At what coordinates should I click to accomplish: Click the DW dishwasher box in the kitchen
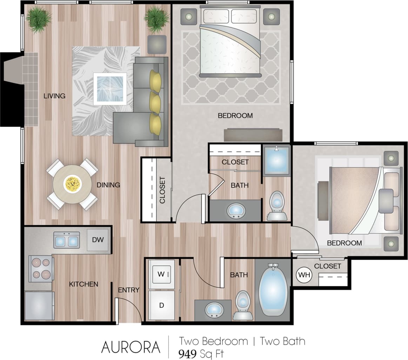(x=98, y=240)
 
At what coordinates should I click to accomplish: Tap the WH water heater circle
(x=304, y=275)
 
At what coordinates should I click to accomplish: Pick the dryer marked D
(x=161, y=305)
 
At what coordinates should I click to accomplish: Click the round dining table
(x=72, y=184)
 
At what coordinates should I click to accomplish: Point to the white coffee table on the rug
(x=110, y=89)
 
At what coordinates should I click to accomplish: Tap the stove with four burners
(x=41, y=269)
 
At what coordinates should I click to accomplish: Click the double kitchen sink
(x=66, y=240)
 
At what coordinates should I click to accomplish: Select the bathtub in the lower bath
(x=273, y=290)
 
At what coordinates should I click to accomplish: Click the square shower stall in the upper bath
(x=276, y=160)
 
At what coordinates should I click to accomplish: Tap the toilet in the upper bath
(x=277, y=205)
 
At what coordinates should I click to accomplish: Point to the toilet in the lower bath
(x=243, y=305)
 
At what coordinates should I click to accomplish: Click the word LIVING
(x=54, y=96)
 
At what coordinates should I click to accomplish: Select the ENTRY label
(x=128, y=290)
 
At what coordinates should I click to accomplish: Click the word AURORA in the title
(x=131, y=347)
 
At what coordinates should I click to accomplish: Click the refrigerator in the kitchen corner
(x=39, y=305)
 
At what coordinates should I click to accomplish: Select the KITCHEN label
(x=83, y=284)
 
